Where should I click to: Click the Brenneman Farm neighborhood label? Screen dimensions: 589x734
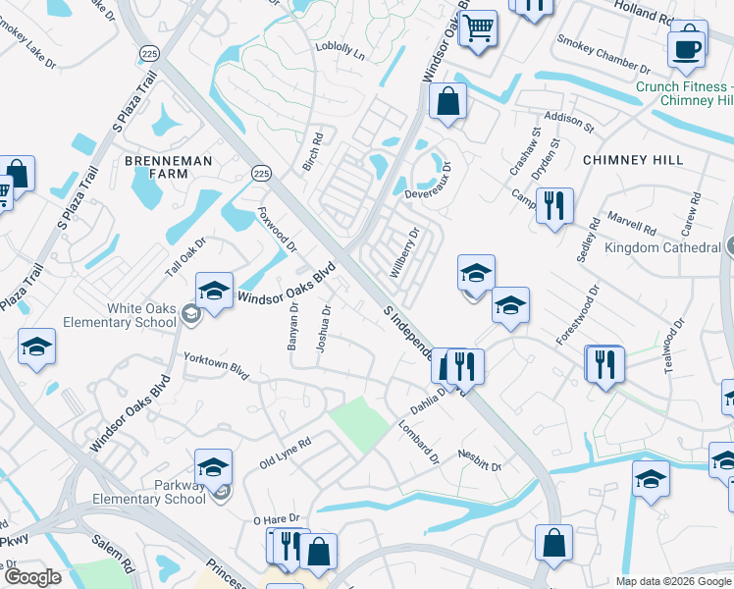click(x=155, y=166)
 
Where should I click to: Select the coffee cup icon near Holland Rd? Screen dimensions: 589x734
click(x=686, y=47)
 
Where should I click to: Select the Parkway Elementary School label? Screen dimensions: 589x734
click(x=152, y=492)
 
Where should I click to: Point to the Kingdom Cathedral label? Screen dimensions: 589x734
click(x=662, y=247)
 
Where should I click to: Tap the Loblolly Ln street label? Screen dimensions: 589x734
click(x=340, y=51)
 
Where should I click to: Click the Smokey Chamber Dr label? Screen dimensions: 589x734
click(x=603, y=55)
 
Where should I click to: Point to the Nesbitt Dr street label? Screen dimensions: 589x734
click(x=480, y=459)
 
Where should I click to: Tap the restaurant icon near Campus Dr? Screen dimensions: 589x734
click(x=554, y=205)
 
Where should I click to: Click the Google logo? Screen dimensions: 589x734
click(x=33, y=577)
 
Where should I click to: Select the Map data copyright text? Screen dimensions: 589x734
click(x=673, y=581)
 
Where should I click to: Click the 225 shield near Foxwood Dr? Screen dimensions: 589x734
click(x=260, y=173)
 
